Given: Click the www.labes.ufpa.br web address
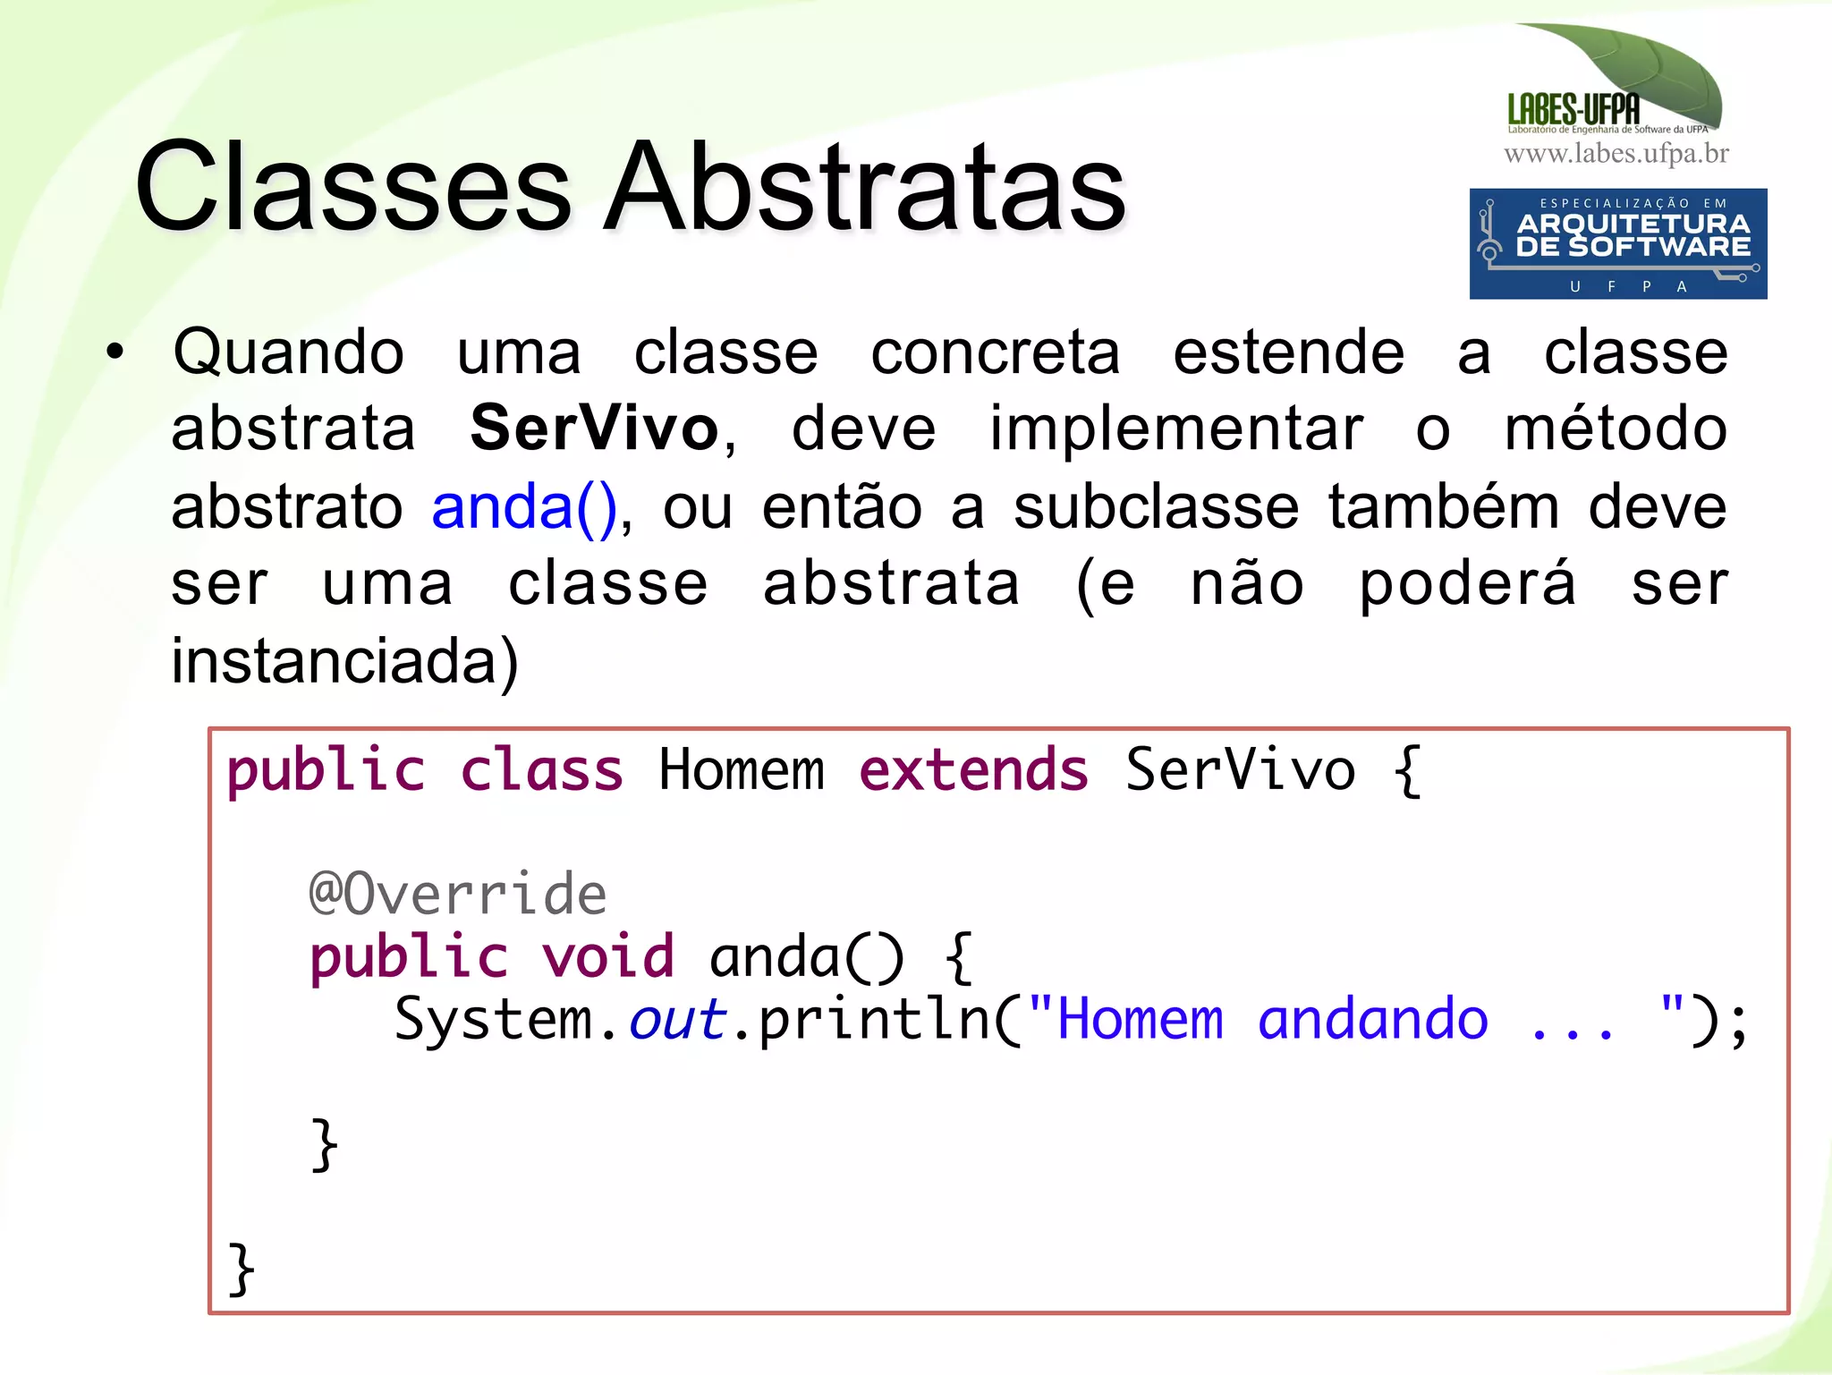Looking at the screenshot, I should click(1616, 154).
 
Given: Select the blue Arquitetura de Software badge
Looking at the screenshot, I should click(1617, 243).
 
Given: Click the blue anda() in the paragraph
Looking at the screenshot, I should click(524, 507).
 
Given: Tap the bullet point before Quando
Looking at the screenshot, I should click(114, 352).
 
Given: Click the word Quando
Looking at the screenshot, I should click(288, 352).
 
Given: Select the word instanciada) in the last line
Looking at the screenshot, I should click(344, 662).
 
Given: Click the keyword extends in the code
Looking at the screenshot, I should click(973, 770).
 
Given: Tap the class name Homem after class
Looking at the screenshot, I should click(741, 770).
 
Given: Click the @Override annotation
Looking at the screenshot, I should click(457, 894).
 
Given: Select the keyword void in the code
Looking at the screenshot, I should click(607, 956).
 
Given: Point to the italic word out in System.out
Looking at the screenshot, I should click(676, 1020).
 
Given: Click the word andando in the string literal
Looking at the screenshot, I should click(1372, 1020).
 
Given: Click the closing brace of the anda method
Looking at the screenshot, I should click(324, 1144).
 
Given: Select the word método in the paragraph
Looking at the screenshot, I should click(1615, 429).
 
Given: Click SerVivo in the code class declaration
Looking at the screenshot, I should click(1240, 770).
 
